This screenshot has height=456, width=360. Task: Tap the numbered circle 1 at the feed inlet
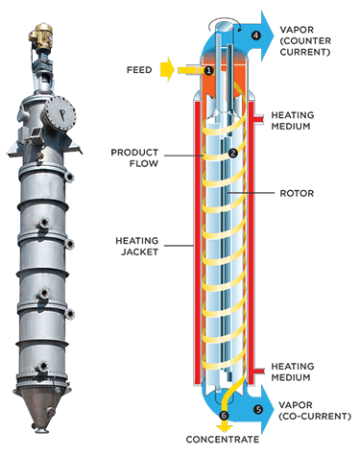pos(208,70)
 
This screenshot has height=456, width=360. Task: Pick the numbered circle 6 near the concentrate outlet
pos(226,414)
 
